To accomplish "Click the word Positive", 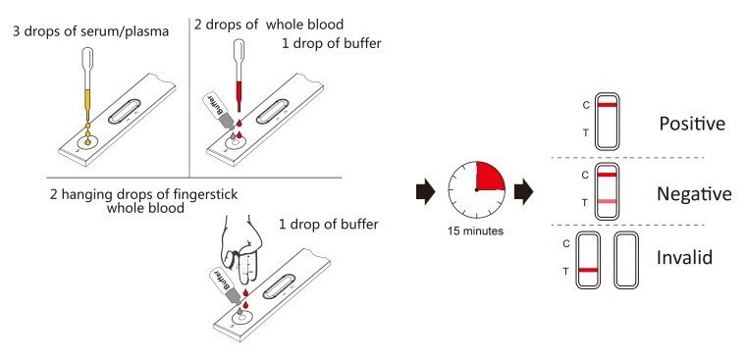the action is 692,125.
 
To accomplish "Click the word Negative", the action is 694,194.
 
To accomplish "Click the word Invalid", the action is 684,257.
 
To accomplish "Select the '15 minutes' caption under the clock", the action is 476,231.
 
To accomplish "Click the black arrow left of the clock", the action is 425,191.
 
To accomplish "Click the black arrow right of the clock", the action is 524,191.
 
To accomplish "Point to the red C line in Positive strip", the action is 607,105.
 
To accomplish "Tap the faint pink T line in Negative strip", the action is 607,202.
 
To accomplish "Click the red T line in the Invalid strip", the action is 588,270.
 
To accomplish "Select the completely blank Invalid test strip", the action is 625,260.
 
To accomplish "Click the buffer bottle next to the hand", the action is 224,285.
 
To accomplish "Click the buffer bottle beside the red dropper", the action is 218,111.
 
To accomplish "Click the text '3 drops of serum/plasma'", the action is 91,32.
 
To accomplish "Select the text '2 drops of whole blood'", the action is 269,24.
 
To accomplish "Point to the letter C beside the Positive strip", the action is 586,105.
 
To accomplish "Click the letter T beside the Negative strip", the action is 586,203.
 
